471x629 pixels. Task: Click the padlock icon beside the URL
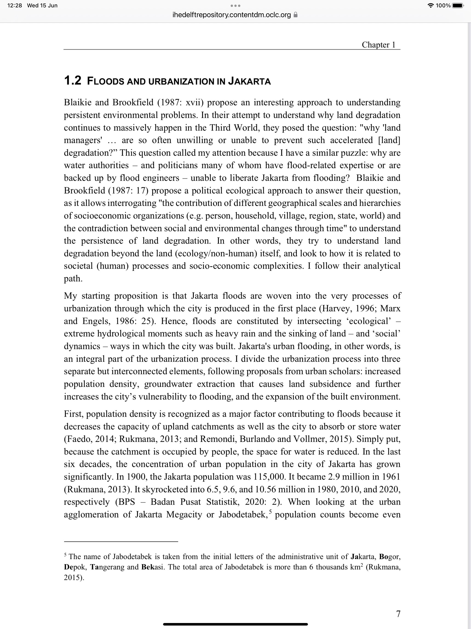pos(296,15)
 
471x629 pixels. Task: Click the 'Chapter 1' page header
pos(378,45)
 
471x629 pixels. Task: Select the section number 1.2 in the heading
pos(73,81)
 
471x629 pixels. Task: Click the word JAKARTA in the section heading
pos(250,81)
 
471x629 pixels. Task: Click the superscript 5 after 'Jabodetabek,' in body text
pos(270,512)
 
